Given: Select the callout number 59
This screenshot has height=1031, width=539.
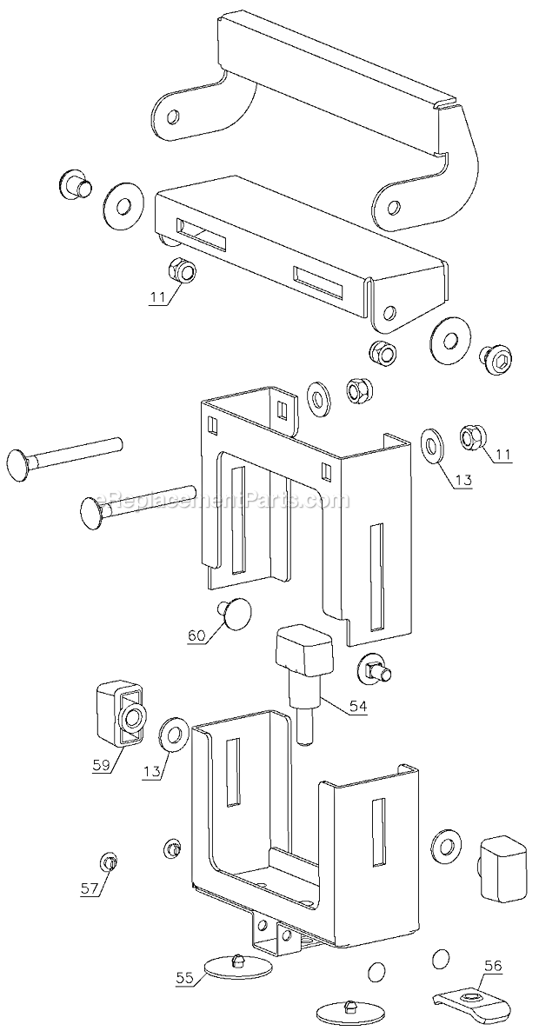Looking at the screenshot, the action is pos(100,764).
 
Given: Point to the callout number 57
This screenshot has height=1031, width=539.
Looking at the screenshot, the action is pos(90,889).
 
